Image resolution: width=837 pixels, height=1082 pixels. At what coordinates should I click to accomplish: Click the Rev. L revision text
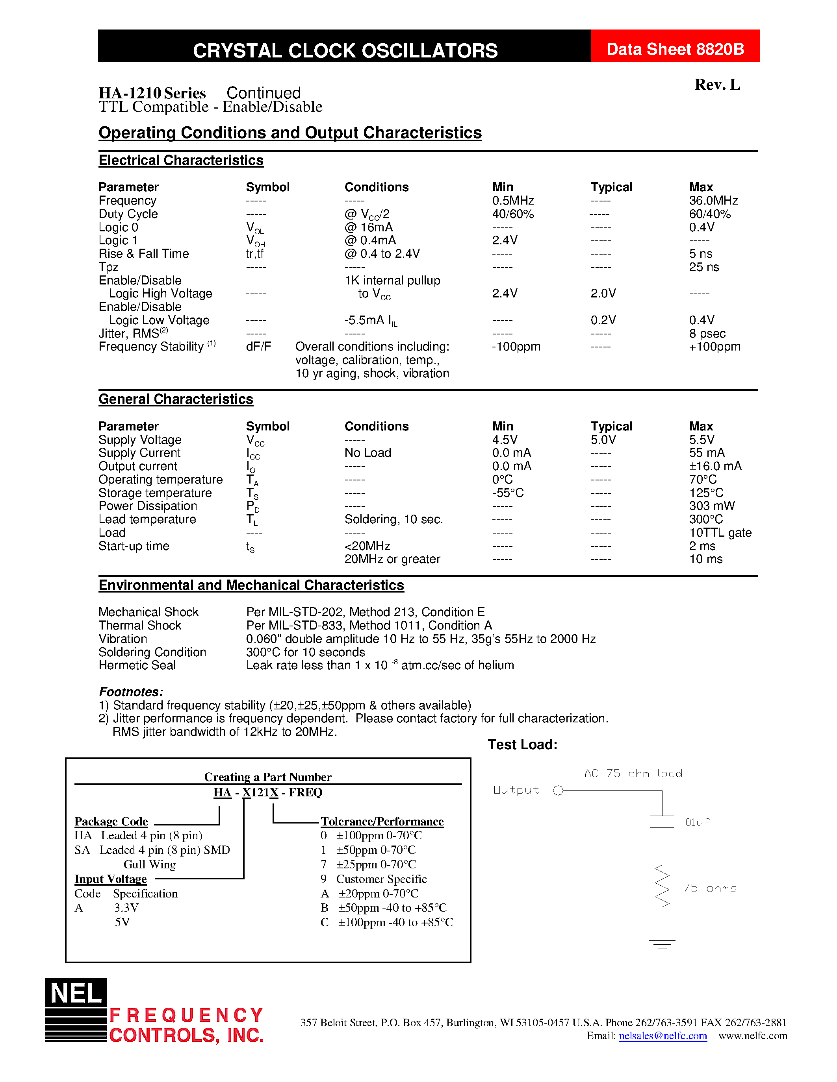pyautogui.click(x=717, y=85)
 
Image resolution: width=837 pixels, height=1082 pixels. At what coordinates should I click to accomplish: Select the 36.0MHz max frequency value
pyautogui.click(x=713, y=201)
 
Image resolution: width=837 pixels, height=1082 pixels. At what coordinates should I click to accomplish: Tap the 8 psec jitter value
pyautogui.click(x=707, y=333)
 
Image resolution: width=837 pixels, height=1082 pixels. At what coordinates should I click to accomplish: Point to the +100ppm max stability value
pyautogui.click(x=715, y=347)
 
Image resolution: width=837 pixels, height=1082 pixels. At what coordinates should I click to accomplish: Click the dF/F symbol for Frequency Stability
pyautogui.click(x=258, y=347)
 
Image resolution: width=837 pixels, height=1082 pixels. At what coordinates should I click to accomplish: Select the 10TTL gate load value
pyautogui.click(x=720, y=533)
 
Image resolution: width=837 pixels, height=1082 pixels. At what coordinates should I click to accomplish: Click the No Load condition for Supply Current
pyautogui.click(x=367, y=453)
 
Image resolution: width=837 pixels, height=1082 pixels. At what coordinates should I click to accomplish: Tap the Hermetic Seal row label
pyautogui.click(x=137, y=665)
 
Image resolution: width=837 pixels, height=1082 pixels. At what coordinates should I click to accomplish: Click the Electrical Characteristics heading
pyautogui.click(x=181, y=161)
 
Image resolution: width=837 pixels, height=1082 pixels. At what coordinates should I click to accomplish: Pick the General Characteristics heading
pyautogui.click(x=176, y=399)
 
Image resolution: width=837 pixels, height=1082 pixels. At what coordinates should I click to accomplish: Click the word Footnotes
pyautogui.click(x=131, y=692)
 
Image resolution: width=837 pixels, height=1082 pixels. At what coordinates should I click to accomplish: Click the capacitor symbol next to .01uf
pyautogui.click(x=662, y=822)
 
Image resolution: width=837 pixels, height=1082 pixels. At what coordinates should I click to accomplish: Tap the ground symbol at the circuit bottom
pyautogui.click(x=662, y=944)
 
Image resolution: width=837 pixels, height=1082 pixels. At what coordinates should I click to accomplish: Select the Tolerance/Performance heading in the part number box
pyautogui.click(x=382, y=822)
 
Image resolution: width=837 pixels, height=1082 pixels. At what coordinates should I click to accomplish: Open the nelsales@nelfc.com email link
pyautogui.click(x=663, y=1036)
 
